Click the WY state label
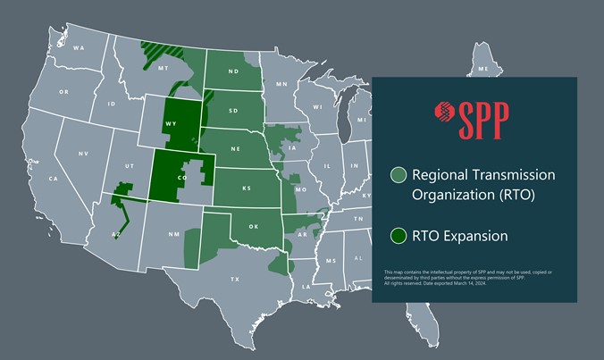[170, 125]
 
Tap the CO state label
[181, 177]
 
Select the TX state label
[235, 280]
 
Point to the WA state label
[79, 47]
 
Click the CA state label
[53, 179]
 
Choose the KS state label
[246, 188]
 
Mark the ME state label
[483, 69]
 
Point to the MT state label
[164, 68]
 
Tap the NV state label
[83, 154]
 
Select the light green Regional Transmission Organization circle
[398, 175]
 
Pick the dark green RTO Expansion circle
[398, 237]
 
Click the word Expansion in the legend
[475, 237]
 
